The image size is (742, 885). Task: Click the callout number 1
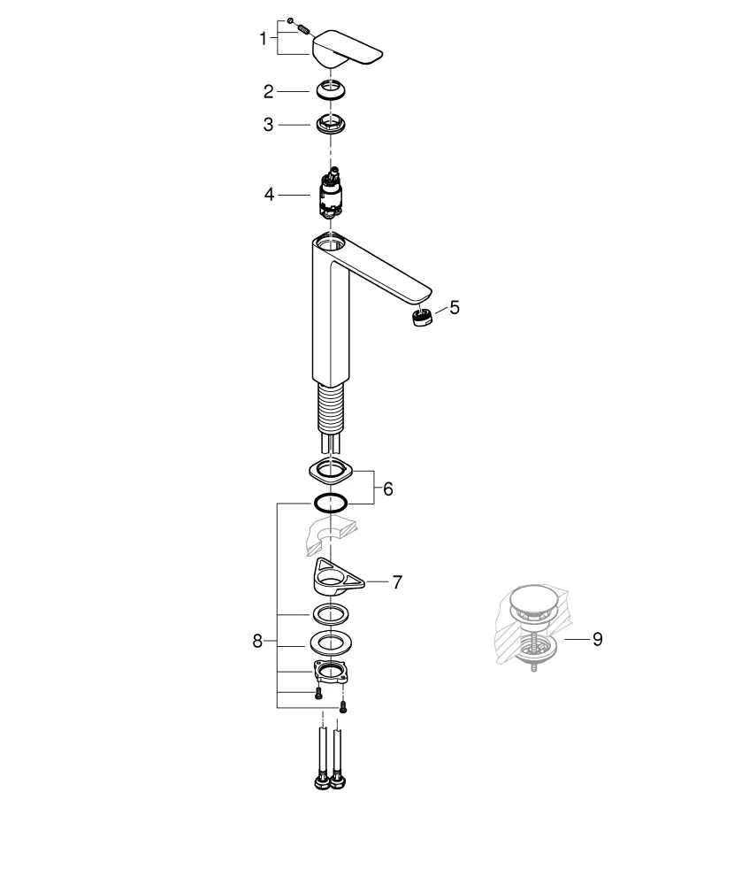coord(263,39)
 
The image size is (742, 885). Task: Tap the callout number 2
coord(268,90)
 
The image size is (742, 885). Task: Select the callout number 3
coord(268,125)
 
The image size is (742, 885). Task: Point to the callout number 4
coord(269,193)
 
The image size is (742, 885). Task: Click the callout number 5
coord(455,307)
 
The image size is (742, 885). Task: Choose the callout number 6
coord(387,488)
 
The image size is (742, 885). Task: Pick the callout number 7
coord(397,581)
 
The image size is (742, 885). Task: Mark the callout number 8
coord(257,642)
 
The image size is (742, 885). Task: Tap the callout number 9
coord(597,638)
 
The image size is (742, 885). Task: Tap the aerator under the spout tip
coord(421,318)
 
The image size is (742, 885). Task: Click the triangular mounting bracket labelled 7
coord(336,581)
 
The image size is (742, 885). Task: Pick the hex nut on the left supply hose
coord(319,781)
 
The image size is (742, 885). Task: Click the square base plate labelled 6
coord(331,470)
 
